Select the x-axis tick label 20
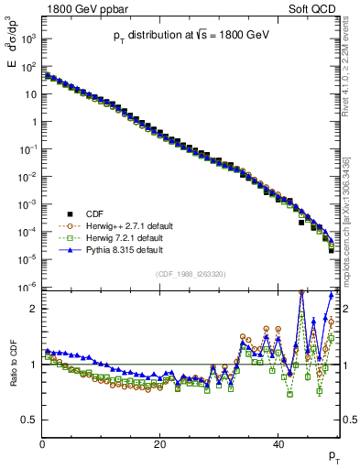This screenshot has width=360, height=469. (x=160, y=442)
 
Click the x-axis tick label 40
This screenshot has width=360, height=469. (x=278, y=442)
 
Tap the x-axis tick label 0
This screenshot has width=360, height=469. (x=42, y=442)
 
